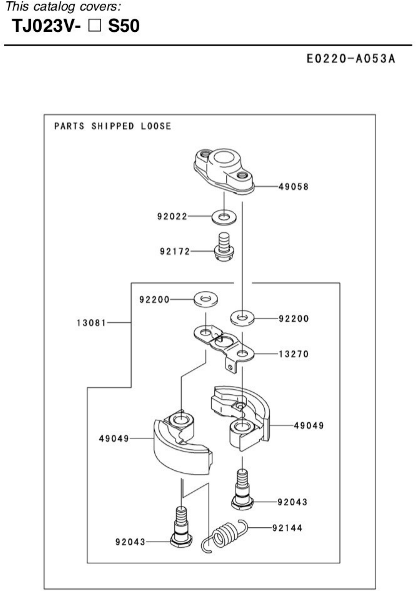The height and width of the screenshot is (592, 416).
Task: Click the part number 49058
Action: [293, 187]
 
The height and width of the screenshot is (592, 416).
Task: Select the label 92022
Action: [172, 216]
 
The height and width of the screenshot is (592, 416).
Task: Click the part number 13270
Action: [294, 354]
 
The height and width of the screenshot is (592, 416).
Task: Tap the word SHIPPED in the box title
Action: [113, 126]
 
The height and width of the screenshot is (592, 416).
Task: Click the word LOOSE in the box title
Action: [156, 126]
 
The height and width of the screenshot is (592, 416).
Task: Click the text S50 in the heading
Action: [124, 26]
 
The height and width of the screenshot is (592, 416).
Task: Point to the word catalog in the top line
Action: [54, 7]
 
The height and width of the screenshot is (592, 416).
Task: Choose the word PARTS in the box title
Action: [69, 126]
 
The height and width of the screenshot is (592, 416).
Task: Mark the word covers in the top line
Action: [100, 7]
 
